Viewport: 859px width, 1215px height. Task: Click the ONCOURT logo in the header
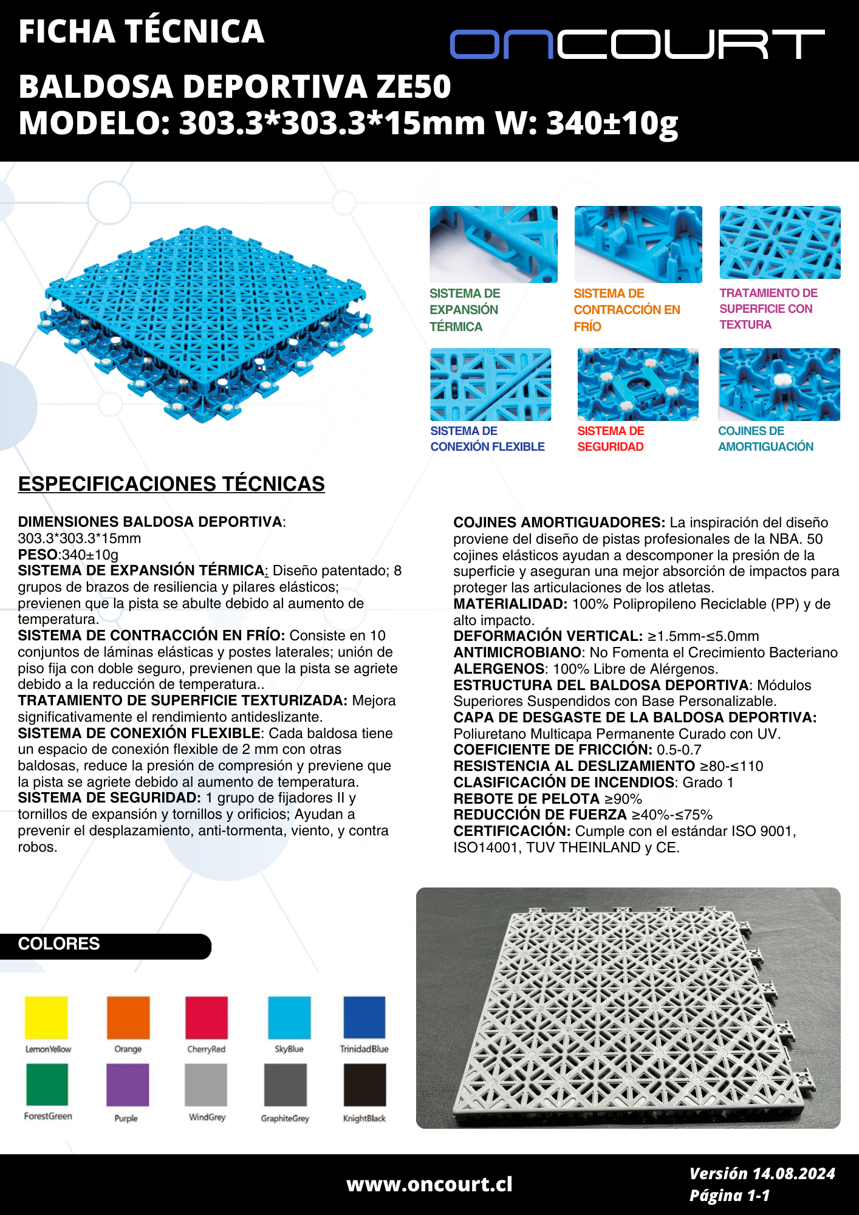637,44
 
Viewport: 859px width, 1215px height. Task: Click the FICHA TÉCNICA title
141,32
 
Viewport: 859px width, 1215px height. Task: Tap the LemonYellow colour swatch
46,1018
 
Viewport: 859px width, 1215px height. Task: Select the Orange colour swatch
128,1018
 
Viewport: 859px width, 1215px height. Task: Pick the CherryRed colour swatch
207,1018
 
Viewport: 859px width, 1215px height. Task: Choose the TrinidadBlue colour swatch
364,1018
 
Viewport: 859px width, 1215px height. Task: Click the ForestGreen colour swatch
47,1084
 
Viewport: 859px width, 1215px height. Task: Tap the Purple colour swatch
128,1085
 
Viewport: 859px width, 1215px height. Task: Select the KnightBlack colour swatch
364,1085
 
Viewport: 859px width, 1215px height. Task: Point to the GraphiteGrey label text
285,1118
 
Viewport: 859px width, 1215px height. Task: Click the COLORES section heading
59,944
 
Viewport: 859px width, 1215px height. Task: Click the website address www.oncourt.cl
430,1184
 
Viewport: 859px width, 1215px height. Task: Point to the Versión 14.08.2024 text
762,1174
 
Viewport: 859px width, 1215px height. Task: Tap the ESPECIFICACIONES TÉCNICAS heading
171,484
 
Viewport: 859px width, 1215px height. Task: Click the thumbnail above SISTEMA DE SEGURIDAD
638,385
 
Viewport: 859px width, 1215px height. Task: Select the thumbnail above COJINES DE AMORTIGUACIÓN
779,385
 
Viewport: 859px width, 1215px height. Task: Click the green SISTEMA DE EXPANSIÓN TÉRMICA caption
465,310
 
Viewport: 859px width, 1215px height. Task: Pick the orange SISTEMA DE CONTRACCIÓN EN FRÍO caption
626,310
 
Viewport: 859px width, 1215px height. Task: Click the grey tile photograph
628,1008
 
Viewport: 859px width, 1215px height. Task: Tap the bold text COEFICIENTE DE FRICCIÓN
553,750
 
